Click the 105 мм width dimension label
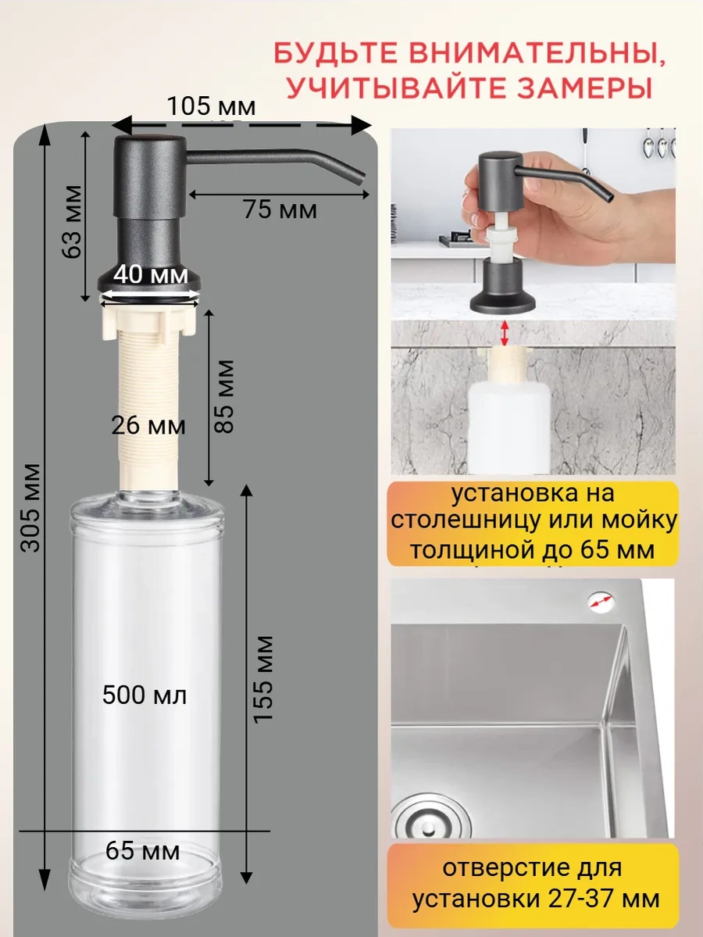click(x=210, y=107)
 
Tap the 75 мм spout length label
click(x=280, y=209)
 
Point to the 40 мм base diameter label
click(x=150, y=275)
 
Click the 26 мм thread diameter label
click(x=148, y=426)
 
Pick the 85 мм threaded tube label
click(x=225, y=396)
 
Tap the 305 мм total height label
click(x=31, y=508)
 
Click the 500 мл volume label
click(x=145, y=695)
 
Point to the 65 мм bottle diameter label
click(x=142, y=851)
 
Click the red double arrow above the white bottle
click(x=505, y=332)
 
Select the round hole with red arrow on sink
click(x=601, y=601)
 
